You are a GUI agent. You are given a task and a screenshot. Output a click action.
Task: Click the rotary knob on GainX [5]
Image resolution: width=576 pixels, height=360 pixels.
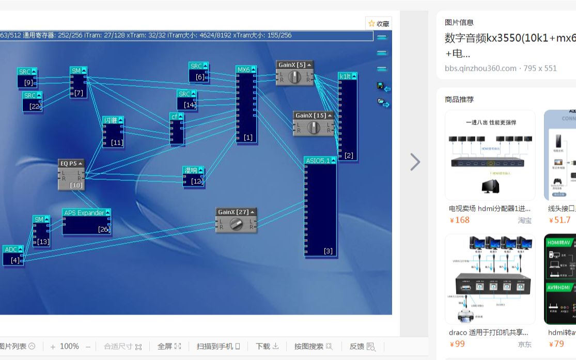[x=294, y=77]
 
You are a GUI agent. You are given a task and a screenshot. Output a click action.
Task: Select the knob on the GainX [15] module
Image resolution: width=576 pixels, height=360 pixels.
[x=314, y=128]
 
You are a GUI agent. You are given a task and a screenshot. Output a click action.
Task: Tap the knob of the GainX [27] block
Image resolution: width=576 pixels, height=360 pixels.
[x=236, y=224]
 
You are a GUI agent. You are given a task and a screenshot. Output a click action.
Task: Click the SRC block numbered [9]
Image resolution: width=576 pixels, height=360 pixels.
[x=27, y=77]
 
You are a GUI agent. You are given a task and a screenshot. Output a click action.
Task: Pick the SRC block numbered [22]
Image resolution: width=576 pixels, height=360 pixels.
[x=32, y=101]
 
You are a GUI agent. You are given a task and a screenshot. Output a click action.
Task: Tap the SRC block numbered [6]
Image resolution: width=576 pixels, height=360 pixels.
[x=198, y=72]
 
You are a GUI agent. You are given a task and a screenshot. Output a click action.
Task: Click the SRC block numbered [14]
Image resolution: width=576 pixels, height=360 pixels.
[x=186, y=100]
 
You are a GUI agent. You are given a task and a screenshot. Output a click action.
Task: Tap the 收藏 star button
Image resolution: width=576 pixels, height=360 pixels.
[x=379, y=24]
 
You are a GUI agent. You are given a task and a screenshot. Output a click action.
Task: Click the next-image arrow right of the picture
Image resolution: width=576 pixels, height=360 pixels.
[x=415, y=162]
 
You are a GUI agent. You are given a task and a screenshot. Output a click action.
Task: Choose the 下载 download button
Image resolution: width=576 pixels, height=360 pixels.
[x=267, y=346]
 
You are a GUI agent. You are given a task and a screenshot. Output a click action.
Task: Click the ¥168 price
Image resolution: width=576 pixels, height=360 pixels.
[x=460, y=220]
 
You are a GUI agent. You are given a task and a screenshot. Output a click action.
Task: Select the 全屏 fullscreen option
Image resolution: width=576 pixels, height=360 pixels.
[x=169, y=346]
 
